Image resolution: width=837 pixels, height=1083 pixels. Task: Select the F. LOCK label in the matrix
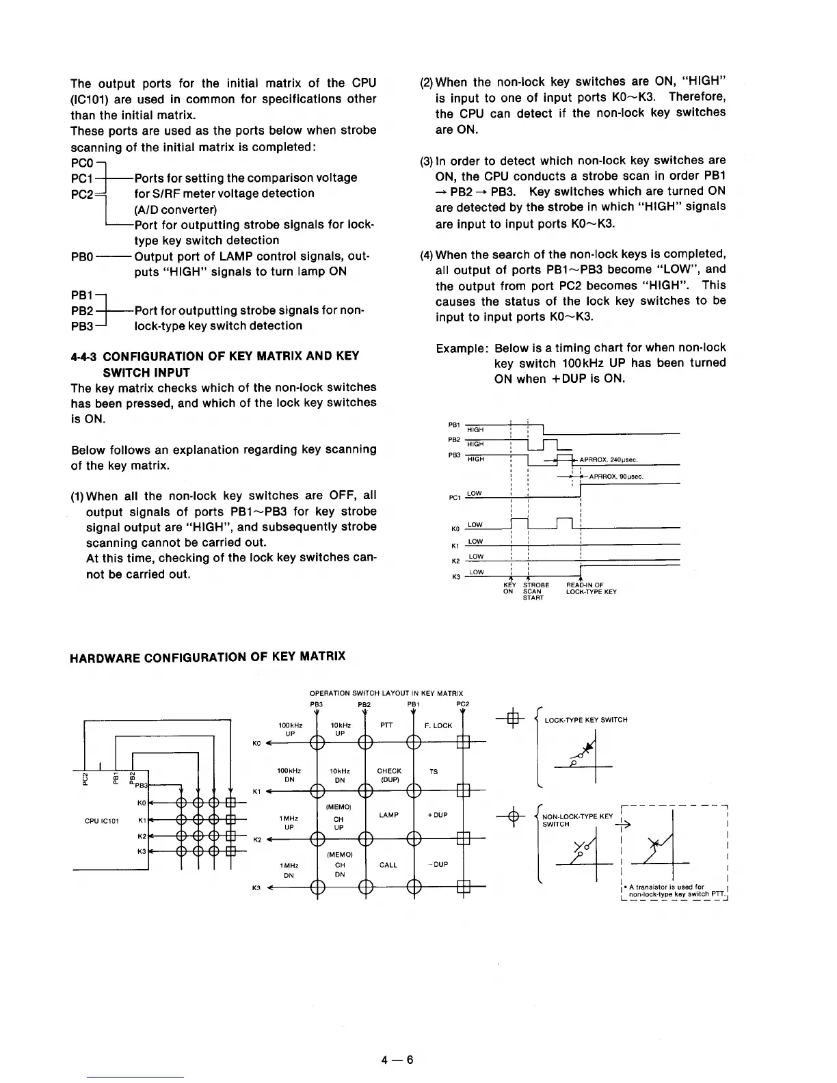[438, 725]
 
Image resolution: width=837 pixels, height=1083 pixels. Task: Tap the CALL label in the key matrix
[388, 865]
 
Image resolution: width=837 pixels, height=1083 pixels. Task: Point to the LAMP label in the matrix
[388, 815]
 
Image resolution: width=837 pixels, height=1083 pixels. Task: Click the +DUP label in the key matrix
[437, 815]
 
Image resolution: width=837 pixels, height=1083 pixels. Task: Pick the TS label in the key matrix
[434, 771]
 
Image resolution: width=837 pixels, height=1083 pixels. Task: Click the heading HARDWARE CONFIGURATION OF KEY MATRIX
[208, 657]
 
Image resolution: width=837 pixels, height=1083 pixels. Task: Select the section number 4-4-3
[84, 356]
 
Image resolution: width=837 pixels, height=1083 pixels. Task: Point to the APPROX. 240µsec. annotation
[608, 460]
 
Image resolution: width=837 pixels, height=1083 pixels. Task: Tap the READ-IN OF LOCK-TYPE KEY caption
[591, 589]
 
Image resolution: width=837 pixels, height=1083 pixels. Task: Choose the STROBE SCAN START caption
[535, 591]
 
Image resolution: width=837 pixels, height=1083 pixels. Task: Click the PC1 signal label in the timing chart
[453, 497]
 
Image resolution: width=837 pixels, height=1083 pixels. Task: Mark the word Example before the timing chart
[462, 348]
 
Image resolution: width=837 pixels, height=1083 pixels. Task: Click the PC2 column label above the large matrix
[462, 703]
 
